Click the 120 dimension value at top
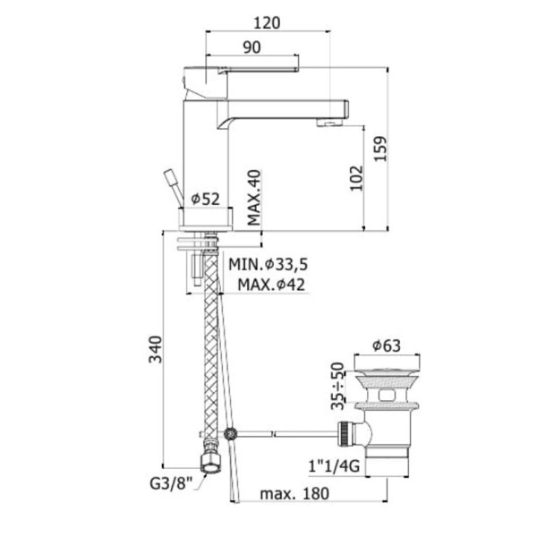pos(267,23)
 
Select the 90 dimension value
pos(251,47)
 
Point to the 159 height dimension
pos(379,149)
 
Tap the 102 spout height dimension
pos(356,178)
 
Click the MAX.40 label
pos(254,198)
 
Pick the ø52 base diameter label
pos(205,199)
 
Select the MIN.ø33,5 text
pos(268,264)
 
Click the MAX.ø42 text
pos(271,285)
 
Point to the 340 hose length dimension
pos(155,349)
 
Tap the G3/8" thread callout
pos(171,483)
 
